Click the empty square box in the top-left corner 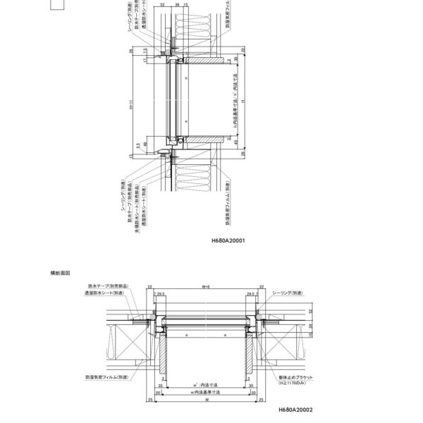click(59, 6)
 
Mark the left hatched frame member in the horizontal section click(163, 355)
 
